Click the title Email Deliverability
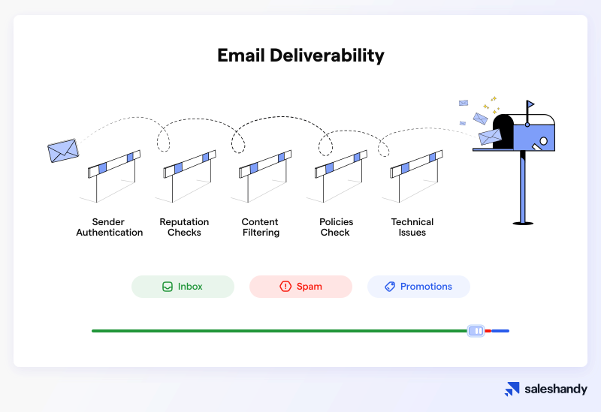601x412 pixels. point(300,56)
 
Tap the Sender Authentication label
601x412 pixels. point(109,227)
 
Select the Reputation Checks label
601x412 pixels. point(184,227)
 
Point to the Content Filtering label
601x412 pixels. point(261,227)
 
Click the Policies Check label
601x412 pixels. point(336,227)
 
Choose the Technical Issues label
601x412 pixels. point(412,227)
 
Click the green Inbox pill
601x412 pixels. point(183,287)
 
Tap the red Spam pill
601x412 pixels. point(300,287)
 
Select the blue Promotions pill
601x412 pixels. point(418,287)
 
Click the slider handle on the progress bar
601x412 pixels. point(476,331)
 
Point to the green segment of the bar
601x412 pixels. point(278,331)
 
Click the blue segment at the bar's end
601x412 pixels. point(500,331)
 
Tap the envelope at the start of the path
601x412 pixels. point(63,151)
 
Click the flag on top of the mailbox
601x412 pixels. point(530,104)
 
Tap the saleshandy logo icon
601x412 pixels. point(512,389)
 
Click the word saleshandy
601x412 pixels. point(556,389)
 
